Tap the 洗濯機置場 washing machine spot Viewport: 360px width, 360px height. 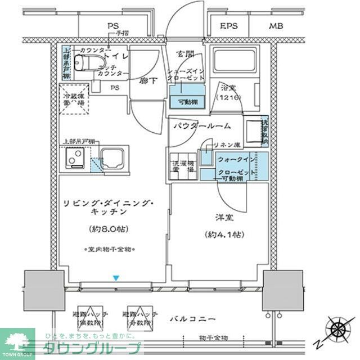(x=182, y=165)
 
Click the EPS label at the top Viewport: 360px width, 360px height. (x=229, y=26)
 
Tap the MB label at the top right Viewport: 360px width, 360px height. (x=276, y=26)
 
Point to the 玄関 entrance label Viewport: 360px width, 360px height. (x=185, y=54)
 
